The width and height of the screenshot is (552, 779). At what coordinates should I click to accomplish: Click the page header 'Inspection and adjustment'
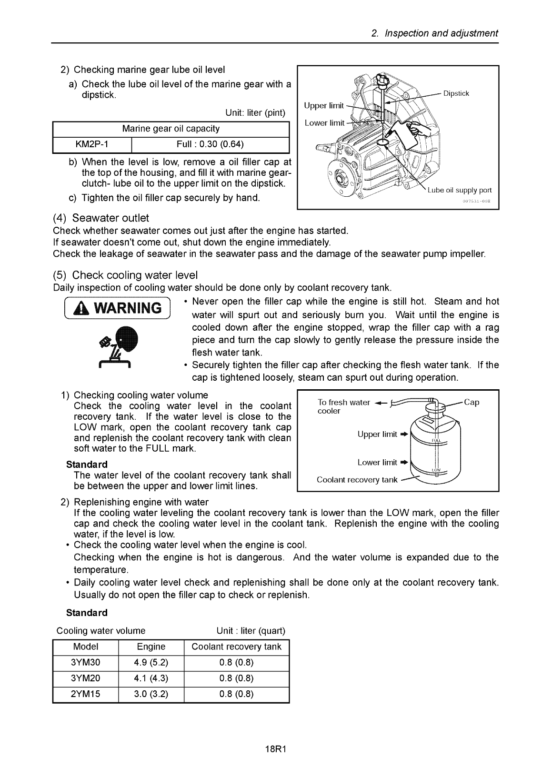coord(441,33)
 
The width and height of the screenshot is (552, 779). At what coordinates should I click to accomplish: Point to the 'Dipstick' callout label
coord(456,93)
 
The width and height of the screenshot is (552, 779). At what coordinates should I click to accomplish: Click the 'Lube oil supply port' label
coord(460,190)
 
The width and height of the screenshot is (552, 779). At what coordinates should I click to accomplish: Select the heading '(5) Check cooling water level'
coord(125,275)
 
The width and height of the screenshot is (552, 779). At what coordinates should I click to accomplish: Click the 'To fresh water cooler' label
coord(343,406)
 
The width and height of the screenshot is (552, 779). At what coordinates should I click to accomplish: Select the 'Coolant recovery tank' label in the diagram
coord(357,479)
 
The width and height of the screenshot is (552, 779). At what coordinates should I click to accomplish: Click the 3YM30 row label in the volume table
coord(86,663)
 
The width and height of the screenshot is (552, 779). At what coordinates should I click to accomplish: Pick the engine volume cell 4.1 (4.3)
coord(151,678)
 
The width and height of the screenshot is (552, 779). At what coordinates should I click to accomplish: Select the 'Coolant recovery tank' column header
coord(236,647)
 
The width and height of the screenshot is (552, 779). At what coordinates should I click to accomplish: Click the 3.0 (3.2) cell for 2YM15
coord(151,694)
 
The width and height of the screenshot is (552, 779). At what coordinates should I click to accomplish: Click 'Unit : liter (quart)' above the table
coord(251,631)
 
